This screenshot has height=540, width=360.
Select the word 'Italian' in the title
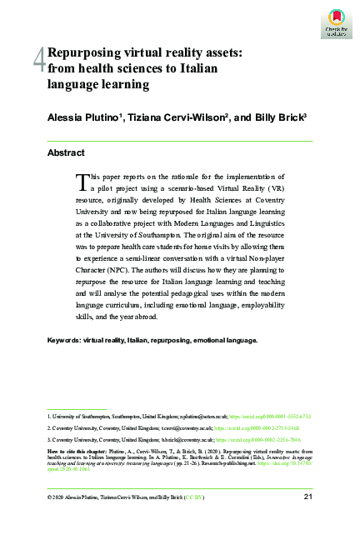point(197,67)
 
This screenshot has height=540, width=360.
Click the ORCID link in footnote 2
point(266,427)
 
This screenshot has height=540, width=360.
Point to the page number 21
point(307,497)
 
